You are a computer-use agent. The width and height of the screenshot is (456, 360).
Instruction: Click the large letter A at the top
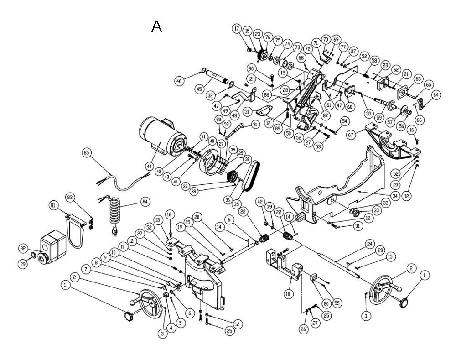click(156, 26)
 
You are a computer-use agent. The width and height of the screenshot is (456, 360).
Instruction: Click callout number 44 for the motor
click(150, 166)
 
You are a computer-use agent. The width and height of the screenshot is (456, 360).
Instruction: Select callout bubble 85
click(87, 153)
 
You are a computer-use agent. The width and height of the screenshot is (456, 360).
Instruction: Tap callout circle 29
click(23, 264)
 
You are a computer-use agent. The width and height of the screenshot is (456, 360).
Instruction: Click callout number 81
click(53, 206)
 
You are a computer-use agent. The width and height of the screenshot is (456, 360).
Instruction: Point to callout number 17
click(237, 29)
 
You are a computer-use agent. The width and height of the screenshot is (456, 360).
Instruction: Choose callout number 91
click(255, 124)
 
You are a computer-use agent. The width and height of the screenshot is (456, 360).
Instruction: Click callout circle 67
click(352, 135)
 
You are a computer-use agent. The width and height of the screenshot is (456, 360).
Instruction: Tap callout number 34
click(395, 196)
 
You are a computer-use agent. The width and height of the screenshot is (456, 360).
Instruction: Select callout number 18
click(288, 294)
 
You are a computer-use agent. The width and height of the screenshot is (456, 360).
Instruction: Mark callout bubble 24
click(369, 244)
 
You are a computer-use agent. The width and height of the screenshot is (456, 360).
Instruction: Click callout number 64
click(436, 94)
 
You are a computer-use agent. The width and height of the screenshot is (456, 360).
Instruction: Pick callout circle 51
click(247, 112)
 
